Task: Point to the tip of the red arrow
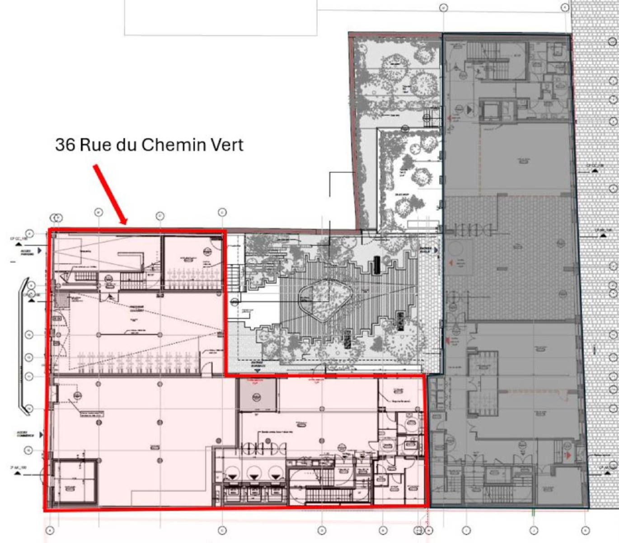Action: pyautogui.click(x=126, y=224)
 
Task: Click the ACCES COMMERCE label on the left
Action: pyautogui.click(x=26, y=434)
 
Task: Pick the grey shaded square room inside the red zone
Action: pyautogui.click(x=257, y=395)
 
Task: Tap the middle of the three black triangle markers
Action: pyautogui.click(x=254, y=476)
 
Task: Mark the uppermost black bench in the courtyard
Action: pyautogui.click(x=377, y=265)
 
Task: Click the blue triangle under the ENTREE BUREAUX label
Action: pyautogui.click(x=257, y=371)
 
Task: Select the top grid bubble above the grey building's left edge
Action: pyautogui.click(x=443, y=8)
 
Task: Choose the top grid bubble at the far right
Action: pyautogui.click(x=565, y=8)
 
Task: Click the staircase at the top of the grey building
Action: pyautogui.click(x=484, y=59)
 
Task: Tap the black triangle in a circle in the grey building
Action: pyautogui.click(x=470, y=110)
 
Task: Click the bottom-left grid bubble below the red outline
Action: pyautogui.click(x=50, y=530)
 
